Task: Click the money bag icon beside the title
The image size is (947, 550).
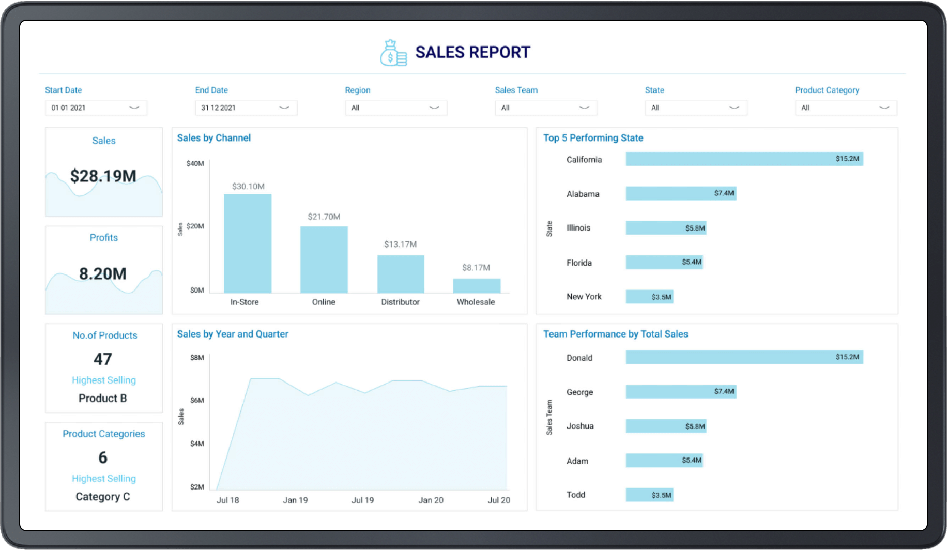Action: [393, 53]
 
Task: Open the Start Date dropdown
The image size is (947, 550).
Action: [96, 108]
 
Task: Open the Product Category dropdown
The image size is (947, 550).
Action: [846, 108]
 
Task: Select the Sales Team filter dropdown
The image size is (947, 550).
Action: [546, 108]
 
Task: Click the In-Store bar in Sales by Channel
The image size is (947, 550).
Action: [248, 243]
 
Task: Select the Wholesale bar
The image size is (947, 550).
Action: [477, 286]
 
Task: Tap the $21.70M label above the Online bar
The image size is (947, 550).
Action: [324, 217]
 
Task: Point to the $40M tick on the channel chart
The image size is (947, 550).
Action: [195, 163]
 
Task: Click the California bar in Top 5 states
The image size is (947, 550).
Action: [744, 159]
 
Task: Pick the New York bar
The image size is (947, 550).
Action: [649, 297]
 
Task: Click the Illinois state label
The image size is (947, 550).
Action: [578, 228]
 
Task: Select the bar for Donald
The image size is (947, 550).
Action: [744, 357]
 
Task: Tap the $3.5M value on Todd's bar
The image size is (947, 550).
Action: [661, 495]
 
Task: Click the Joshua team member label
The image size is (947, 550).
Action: [579, 426]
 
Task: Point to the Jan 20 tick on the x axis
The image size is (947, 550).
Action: [431, 500]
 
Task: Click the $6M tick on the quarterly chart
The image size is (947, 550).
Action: [197, 400]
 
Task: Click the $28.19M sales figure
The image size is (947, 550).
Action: [103, 176]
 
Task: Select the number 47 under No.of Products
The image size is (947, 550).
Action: [103, 359]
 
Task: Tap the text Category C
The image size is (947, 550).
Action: [103, 497]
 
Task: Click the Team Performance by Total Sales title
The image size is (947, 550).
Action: [615, 334]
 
